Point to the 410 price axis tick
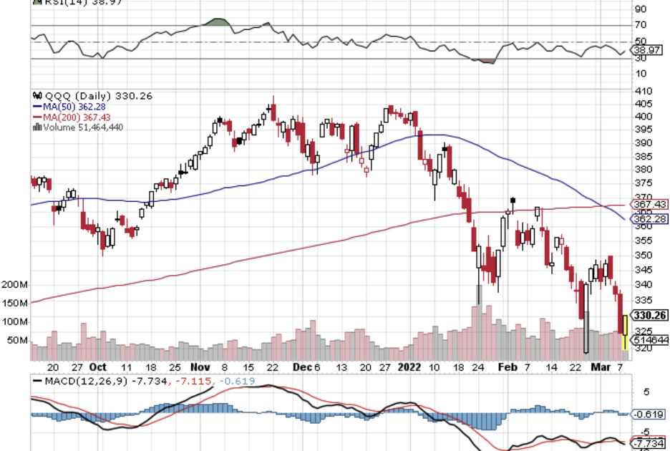click(x=643, y=92)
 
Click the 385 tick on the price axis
click(x=643, y=156)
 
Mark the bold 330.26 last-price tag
click(x=650, y=315)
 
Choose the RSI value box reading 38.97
click(x=647, y=50)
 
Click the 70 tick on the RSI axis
click(x=640, y=26)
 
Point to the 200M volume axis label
click(x=15, y=285)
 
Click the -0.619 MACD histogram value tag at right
click(x=649, y=414)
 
